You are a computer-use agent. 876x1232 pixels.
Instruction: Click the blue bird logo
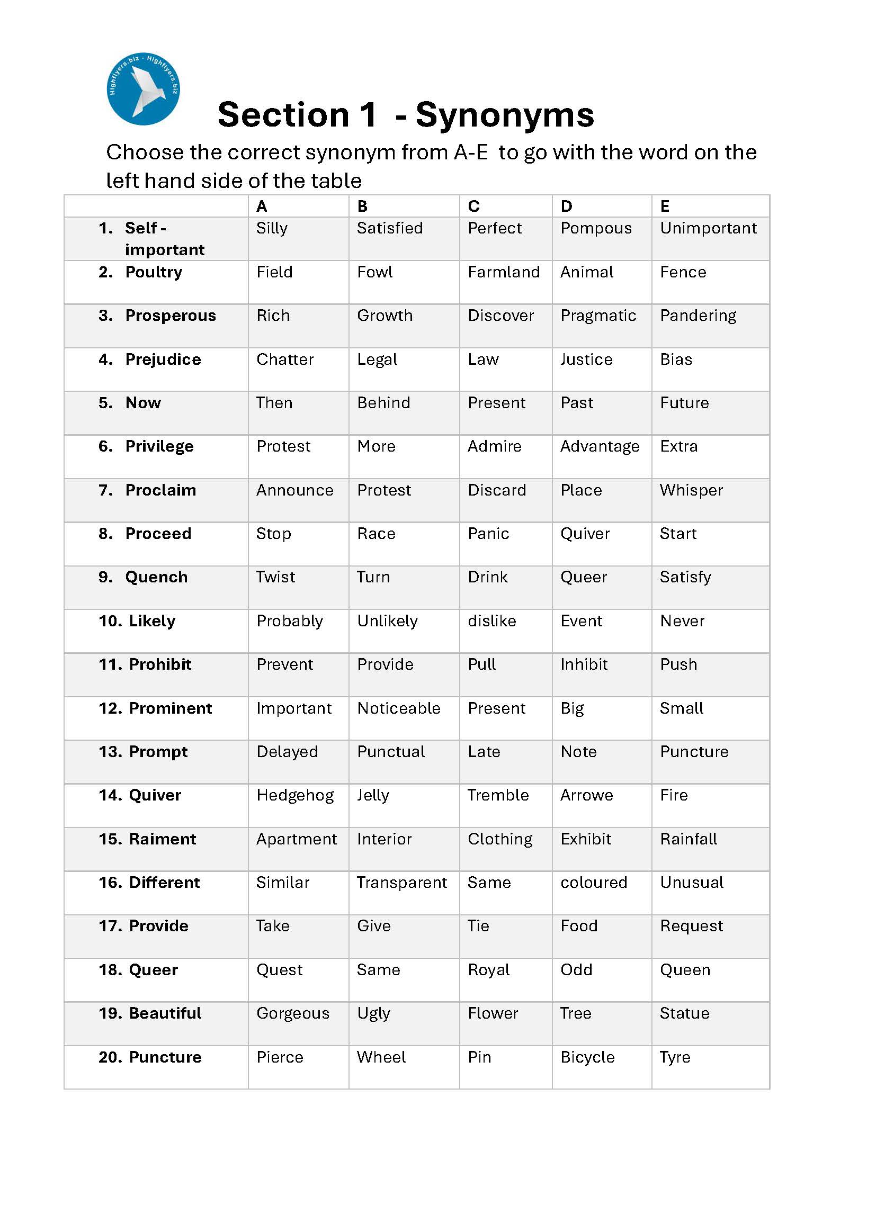[143, 89]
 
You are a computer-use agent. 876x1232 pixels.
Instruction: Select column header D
[566, 206]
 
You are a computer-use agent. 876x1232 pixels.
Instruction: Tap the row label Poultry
[153, 272]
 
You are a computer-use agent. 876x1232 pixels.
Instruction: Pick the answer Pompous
[595, 228]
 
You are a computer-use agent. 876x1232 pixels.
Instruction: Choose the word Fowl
[374, 272]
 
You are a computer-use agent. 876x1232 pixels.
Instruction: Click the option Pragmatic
[597, 316]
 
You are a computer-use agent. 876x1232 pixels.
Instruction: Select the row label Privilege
[159, 446]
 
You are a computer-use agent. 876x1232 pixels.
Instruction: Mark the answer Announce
[294, 490]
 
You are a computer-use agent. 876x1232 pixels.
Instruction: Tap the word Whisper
[691, 490]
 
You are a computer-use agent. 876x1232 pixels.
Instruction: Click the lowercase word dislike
[491, 621]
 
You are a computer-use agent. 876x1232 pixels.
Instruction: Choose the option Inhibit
[584, 664]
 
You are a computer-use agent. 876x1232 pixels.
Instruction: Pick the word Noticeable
[399, 708]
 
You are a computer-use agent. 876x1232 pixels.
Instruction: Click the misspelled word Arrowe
[586, 795]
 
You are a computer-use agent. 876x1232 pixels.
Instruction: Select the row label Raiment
[163, 839]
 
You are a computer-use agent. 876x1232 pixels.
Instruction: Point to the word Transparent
[402, 883]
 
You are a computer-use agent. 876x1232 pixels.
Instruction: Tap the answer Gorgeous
[292, 1014]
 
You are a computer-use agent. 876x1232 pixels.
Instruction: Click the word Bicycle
[587, 1057]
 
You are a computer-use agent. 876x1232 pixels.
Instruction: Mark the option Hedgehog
[295, 795]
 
